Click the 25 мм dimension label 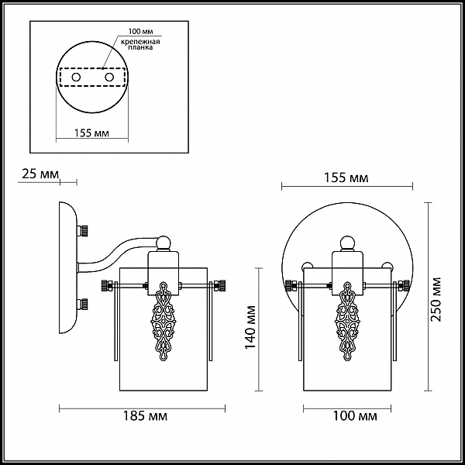tap(40, 174)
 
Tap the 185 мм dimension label tap(145, 416)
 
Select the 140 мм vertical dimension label tap(250, 327)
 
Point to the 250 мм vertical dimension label tap(436, 299)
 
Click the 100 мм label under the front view tap(355, 416)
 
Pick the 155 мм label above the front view tap(346, 178)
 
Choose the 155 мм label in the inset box tap(91, 133)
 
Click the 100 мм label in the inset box tap(140, 31)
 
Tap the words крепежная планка tap(140, 44)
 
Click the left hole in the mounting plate tap(76, 77)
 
